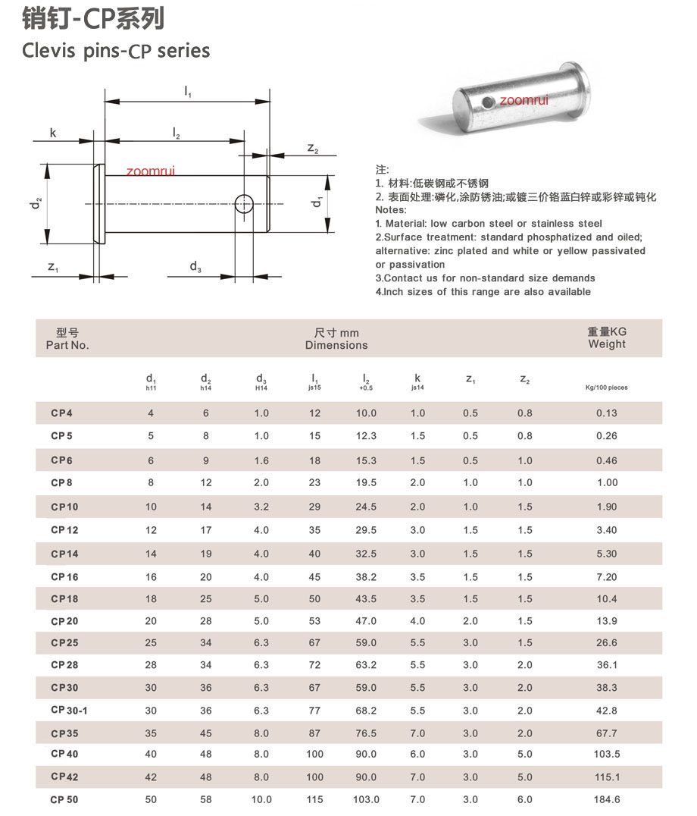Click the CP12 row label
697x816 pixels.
[64, 530]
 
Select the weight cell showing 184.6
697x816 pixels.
[607, 799]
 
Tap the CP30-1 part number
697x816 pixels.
[69, 711]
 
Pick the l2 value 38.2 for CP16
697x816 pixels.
[366, 576]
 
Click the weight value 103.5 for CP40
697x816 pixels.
[607, 754]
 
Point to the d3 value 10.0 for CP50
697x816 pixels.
[261, 799]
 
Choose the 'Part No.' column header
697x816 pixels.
[67, 345]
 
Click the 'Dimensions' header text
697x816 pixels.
[336, 345]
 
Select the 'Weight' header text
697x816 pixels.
[607, 344]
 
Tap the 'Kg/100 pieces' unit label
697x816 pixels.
[607, 388]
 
